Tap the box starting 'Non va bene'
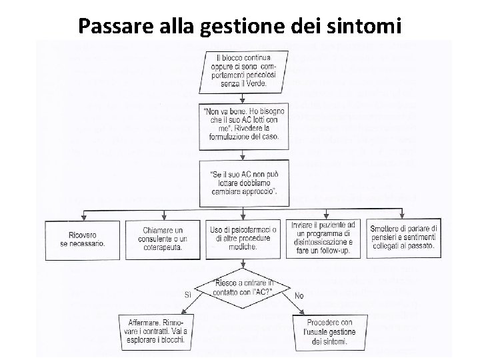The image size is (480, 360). point(240,125)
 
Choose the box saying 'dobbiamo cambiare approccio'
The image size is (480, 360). point(240,178)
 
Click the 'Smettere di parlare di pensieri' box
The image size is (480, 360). point(403,238)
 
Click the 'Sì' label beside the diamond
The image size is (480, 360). point(188,294)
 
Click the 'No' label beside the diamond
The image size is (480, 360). point(299,294)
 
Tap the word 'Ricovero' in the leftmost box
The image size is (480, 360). point(82,235)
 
